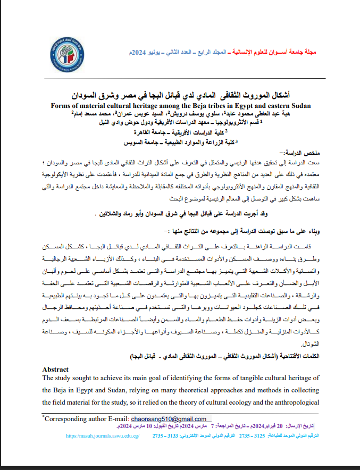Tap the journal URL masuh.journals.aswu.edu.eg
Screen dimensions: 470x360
(x=103, y=435)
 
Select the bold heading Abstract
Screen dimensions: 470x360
(x=55, y=370)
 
